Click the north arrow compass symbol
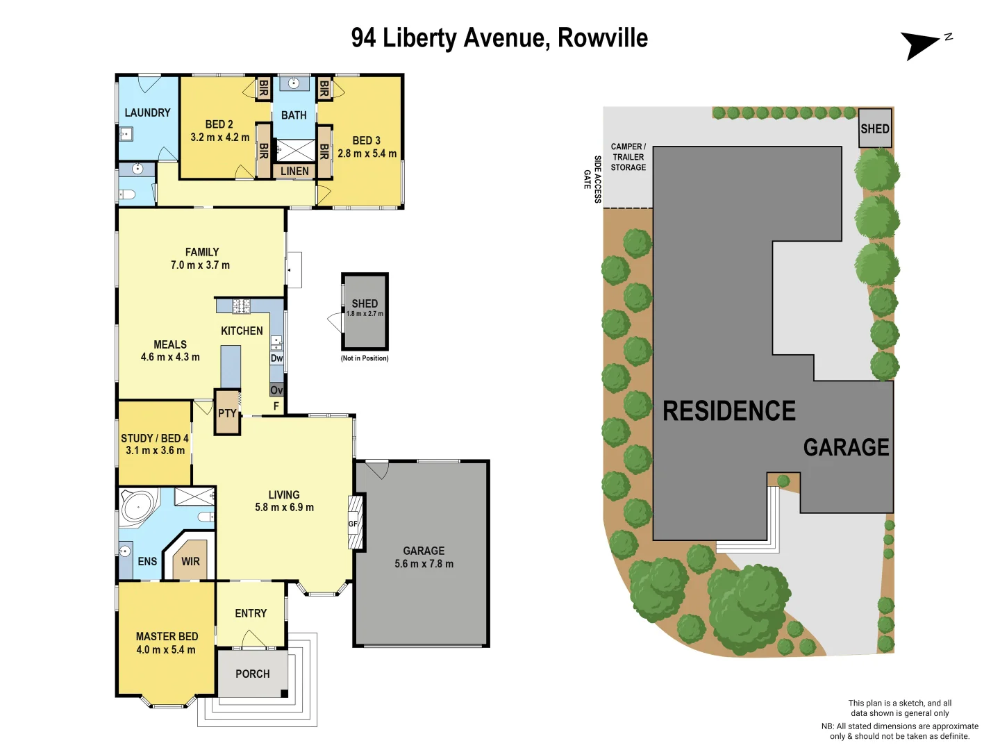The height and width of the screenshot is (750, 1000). pos(922,45)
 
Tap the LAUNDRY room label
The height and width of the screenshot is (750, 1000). pos(147,112)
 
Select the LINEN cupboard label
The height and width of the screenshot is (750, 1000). pos(294,171)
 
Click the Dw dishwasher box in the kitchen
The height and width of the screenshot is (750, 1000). pos(276,358)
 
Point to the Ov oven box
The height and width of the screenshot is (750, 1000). pos(276,390)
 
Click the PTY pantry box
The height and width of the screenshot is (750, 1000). pos(227,413)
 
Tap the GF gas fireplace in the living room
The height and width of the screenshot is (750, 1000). pos(353,524)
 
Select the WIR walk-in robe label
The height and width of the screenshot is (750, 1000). pos(190,561)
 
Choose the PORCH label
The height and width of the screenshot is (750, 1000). pos(252,674)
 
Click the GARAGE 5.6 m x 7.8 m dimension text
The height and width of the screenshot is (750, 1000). pos(424,564)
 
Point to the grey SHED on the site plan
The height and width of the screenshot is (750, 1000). pos(874,128)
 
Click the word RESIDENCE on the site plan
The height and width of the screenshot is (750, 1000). pos(729,411)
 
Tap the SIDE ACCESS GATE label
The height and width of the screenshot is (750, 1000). pos(592,179)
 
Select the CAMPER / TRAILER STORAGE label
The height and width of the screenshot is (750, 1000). pos(628,157)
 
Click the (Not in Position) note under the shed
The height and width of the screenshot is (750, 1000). pos(365,358)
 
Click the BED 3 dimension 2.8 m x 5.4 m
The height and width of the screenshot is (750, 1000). pos(367,153)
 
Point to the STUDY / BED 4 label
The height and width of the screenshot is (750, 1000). pos(154,438)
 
